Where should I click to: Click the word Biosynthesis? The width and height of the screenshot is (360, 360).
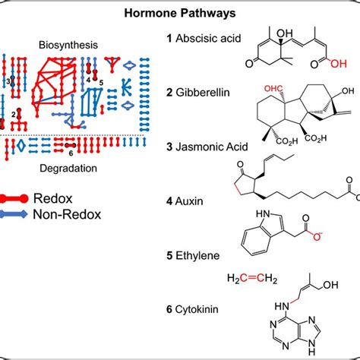pos(68,45)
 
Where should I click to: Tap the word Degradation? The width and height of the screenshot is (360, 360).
pos(68,161)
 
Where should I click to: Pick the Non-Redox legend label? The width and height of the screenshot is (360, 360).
pos(67,214)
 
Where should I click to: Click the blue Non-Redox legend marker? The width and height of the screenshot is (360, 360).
pos(14,214)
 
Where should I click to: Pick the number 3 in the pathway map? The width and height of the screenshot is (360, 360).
pos(8,80)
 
